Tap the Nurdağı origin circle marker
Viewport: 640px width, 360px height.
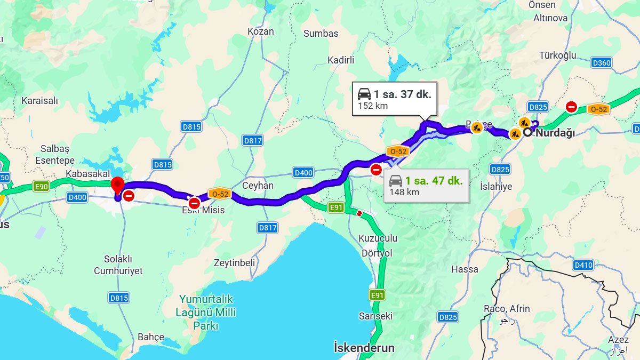pos(527,132)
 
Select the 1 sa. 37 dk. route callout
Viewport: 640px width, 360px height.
pos(394,99)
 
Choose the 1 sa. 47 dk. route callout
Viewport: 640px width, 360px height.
pos(426,185)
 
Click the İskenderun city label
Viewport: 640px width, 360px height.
pos(364,348)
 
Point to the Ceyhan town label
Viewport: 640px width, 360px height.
pos(258,186)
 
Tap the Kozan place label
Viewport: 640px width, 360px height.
pos(261,31)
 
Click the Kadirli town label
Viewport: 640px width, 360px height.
pos(341,60)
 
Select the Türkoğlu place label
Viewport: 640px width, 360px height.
pos(557,55)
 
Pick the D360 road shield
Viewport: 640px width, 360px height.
pos(601,63)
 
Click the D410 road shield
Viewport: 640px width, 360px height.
pos(583,265)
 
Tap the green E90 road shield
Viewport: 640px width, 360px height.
pos(41,186)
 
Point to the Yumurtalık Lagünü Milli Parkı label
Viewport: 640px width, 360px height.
pos(206,312)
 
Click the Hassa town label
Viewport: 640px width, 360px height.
pos(465,269)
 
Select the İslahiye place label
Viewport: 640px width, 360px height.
pos(496,187)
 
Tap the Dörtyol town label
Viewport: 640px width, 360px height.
pos(377,253)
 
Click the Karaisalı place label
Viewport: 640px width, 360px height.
pos(39,101)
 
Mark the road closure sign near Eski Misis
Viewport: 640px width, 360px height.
pos(194,203)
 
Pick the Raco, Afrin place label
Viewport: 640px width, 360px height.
pos(507,309)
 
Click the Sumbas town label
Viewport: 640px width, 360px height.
pos(321,34)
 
